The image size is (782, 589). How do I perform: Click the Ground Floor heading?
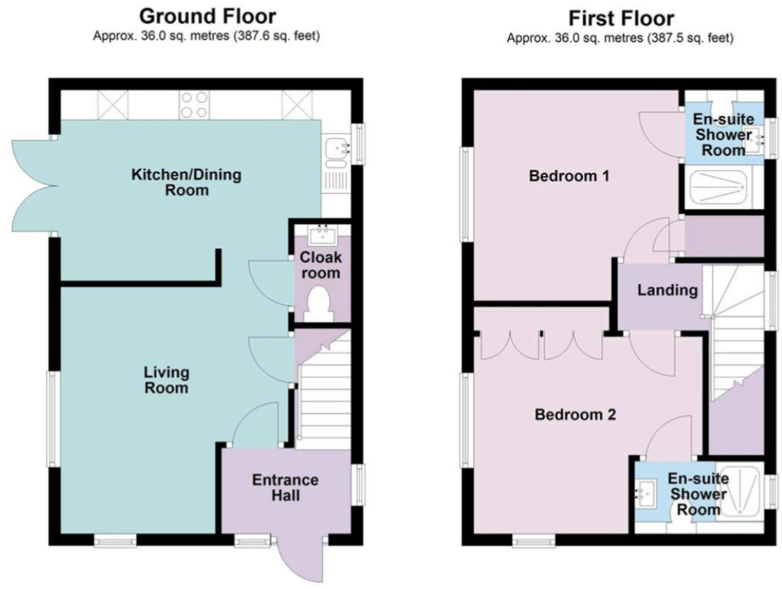(x=207, y=16)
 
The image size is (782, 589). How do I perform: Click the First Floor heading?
(x=621, y=19)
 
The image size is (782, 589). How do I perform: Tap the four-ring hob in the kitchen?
(x=194, y=105)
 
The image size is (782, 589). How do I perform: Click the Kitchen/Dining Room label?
(x=187, y=182)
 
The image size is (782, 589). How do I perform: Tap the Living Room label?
(x=166, y=380)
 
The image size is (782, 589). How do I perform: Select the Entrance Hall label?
(x=285, y=487)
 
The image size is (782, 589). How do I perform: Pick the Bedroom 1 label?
(x=569, y=176)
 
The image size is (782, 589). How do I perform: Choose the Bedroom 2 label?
(x=575, y=414)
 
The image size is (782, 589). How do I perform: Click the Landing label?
(x=667, y=290)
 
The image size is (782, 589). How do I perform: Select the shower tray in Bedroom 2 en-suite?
(x=741, y=490)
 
